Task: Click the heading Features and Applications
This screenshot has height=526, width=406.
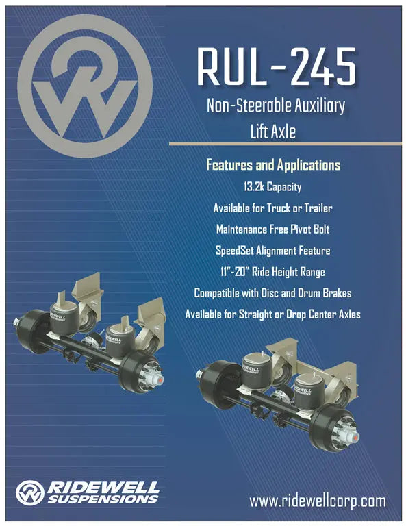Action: (x=273, y=166)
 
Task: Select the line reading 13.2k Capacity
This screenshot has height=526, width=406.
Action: (x=272, y=186)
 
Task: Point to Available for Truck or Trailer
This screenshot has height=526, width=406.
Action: (x=272, y=208)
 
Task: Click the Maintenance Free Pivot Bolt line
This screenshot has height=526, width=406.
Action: (x=272, y=229)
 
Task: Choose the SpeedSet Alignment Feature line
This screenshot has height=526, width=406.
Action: (x=272, y=250)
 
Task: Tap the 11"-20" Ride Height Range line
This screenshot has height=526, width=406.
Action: (x=272, y=271)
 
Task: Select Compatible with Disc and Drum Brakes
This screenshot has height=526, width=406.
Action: (x=272, y=293)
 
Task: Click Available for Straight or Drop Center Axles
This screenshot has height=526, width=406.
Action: (x=272, y=314)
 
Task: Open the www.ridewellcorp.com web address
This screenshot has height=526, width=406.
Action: (x=318, y=501)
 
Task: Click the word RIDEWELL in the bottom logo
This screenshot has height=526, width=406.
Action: (x=102, y=486)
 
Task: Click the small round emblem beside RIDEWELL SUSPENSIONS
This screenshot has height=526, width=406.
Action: (x=29, y=492)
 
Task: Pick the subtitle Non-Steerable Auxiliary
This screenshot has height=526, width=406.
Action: (x=276, y=106)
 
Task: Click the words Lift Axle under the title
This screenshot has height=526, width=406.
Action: (x=273, y=130)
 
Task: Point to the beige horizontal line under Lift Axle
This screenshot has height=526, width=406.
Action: (x=288, y=144)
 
